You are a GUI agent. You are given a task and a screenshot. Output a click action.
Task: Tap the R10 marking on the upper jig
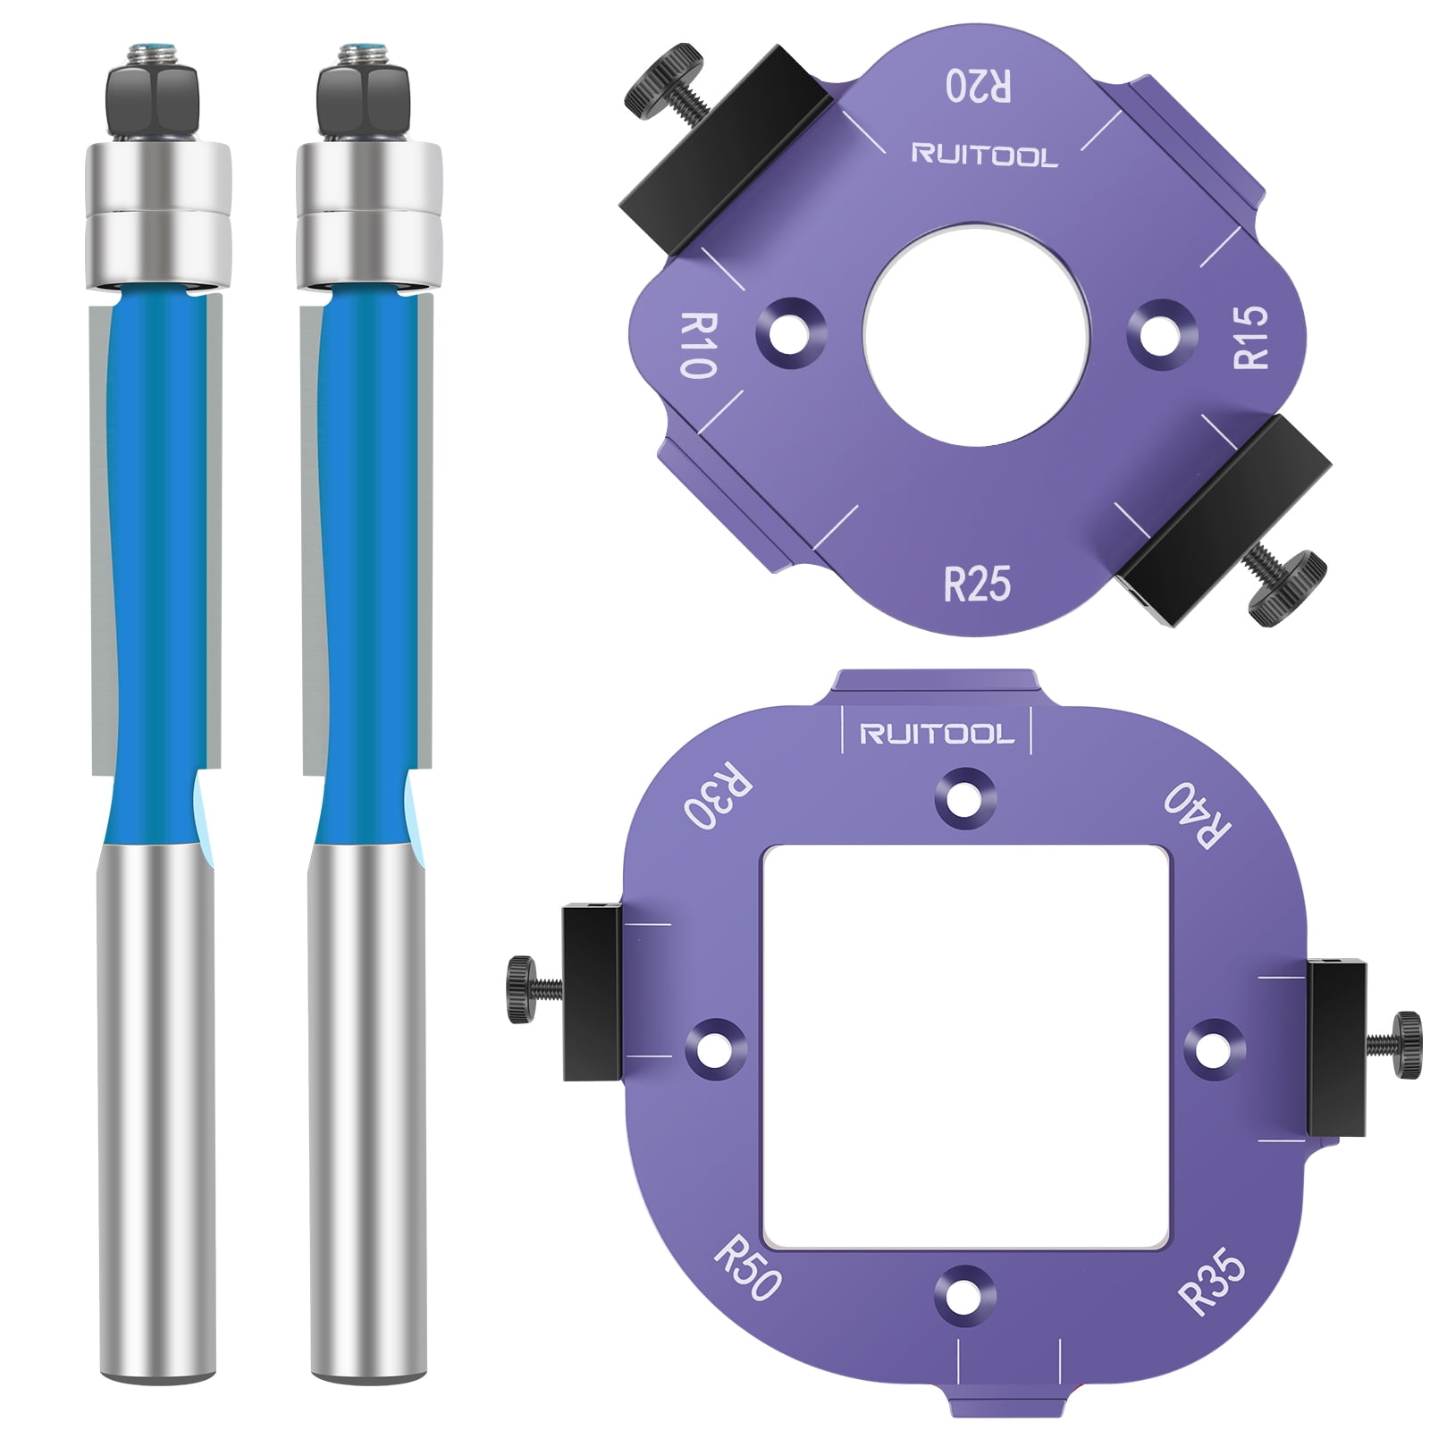pyautogui.click(x=699, y=346)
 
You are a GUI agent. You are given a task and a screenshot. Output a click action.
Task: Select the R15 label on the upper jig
pyautogui.click(x=1250, y=337)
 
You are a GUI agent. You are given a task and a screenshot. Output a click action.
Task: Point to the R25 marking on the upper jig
pyautogui.click(x=977, y=585)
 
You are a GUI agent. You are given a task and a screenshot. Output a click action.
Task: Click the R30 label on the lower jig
pyautogui.click(x=718, y=795)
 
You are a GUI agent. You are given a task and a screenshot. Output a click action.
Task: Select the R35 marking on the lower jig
pyautogui.click(x=1212, y=1281)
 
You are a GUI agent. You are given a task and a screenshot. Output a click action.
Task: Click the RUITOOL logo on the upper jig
pyautogui.click(x=984, y=156)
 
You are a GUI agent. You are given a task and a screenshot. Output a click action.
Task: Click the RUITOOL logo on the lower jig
pyautogui.click(x=937, y=735)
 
